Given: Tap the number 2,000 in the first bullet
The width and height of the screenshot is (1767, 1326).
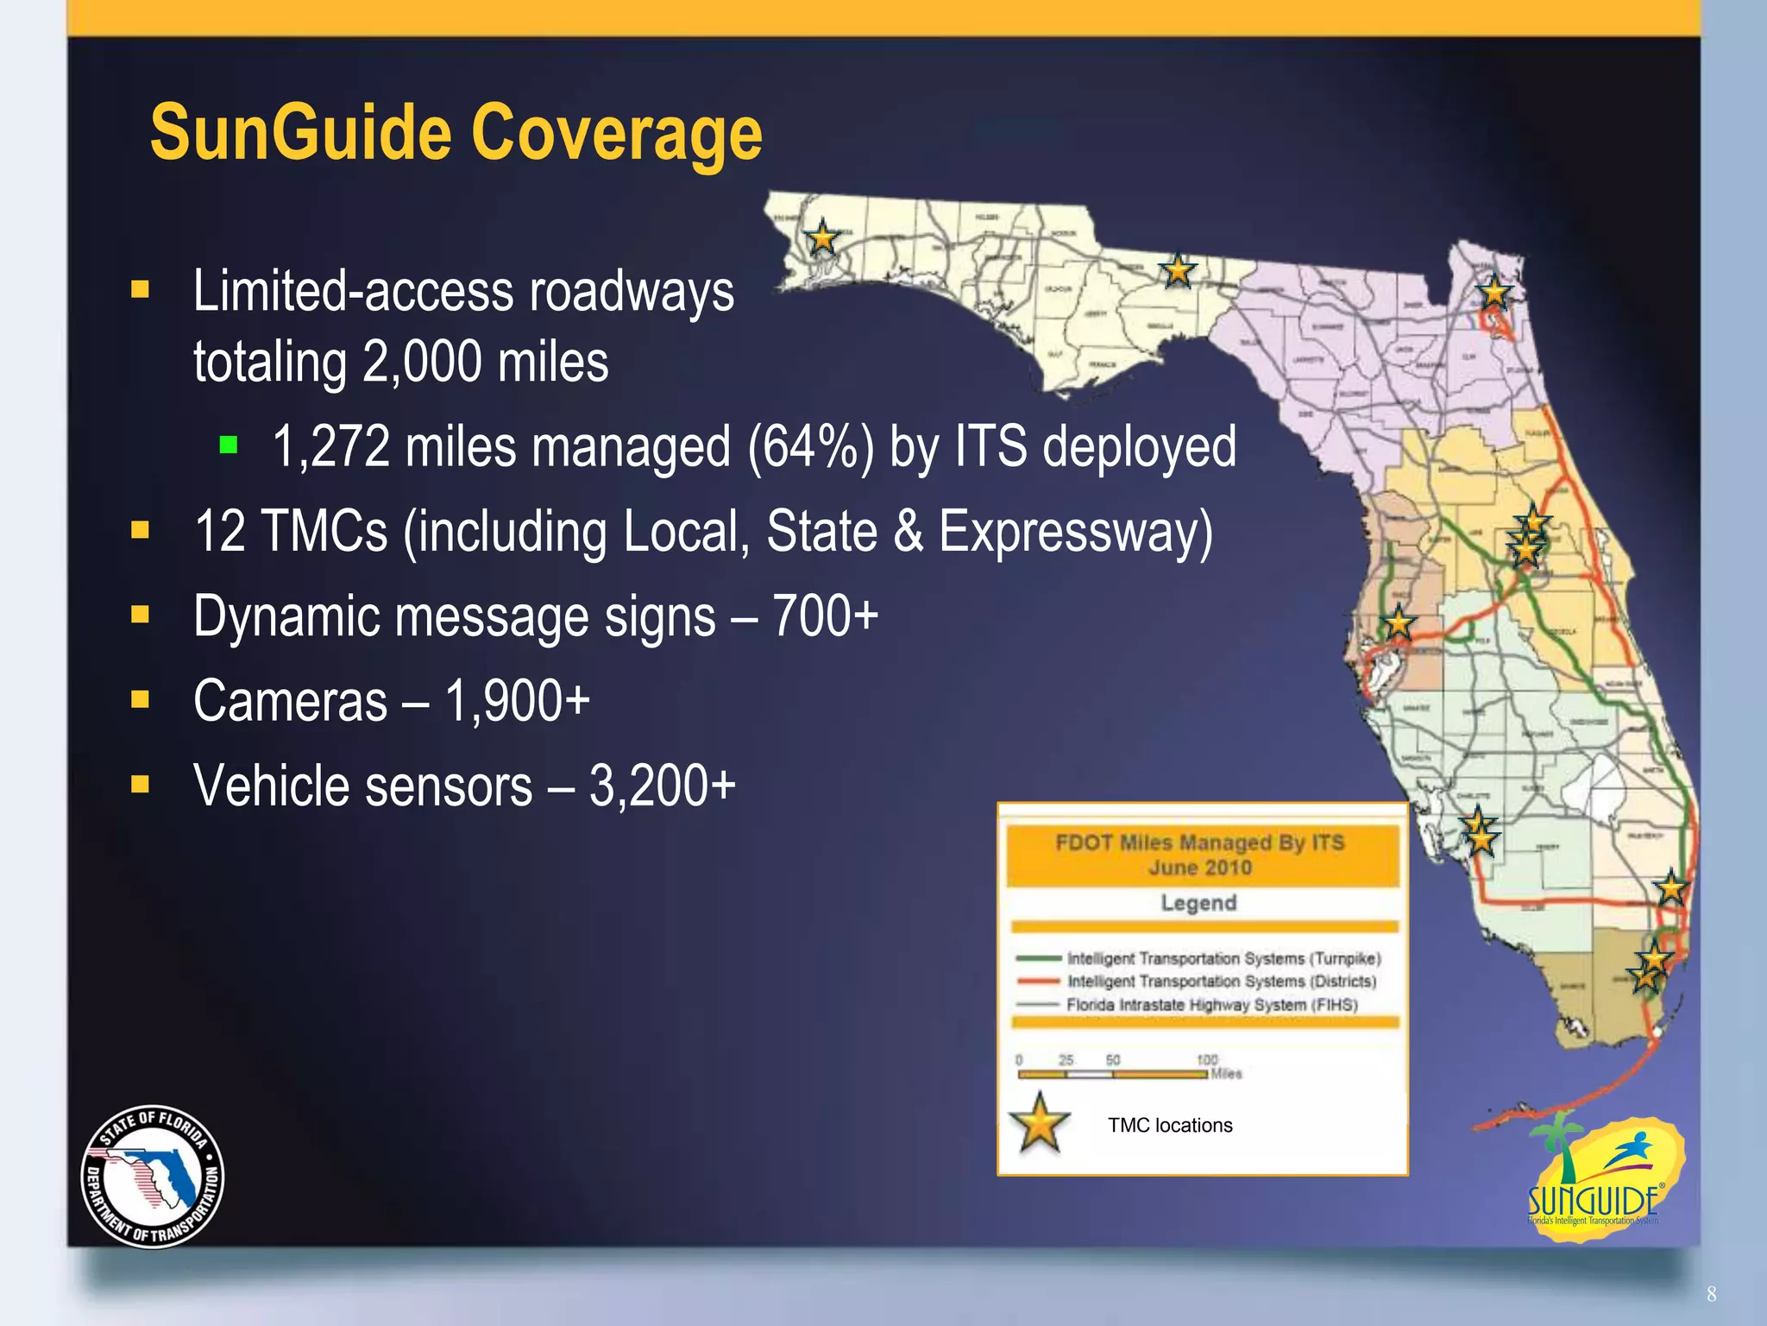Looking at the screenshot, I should tap(422, 362).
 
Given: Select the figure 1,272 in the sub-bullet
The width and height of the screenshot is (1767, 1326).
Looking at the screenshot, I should tap(331, 447).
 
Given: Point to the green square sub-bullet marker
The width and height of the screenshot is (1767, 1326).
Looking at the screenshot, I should tap(229, 445).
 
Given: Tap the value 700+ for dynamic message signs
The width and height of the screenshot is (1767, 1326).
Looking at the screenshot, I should tap(825, 616).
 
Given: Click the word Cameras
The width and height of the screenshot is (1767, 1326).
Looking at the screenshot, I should tap(290, 701).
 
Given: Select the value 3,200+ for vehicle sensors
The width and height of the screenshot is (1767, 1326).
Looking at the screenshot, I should tap(662, 786).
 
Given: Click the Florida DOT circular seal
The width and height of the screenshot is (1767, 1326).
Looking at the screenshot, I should tap(153, 1177).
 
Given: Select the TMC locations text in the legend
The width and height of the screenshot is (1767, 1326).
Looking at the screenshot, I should tap(1170, 1126).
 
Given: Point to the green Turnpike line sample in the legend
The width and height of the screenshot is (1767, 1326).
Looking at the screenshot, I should tap(1038, 958).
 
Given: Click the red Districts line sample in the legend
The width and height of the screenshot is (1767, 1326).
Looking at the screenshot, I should tap(1038, 982).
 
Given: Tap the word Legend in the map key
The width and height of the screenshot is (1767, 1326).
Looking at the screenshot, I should tap(1198, 903).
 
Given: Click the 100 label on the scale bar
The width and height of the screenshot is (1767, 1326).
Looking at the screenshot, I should tap(1206, 1059).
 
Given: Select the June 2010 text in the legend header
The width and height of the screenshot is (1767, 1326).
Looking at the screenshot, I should tap(1199, 868).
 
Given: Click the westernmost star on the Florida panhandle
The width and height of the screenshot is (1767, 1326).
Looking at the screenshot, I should tap(822, 237).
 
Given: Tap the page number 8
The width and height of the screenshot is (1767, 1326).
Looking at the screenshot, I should tap(1712, 1294).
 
